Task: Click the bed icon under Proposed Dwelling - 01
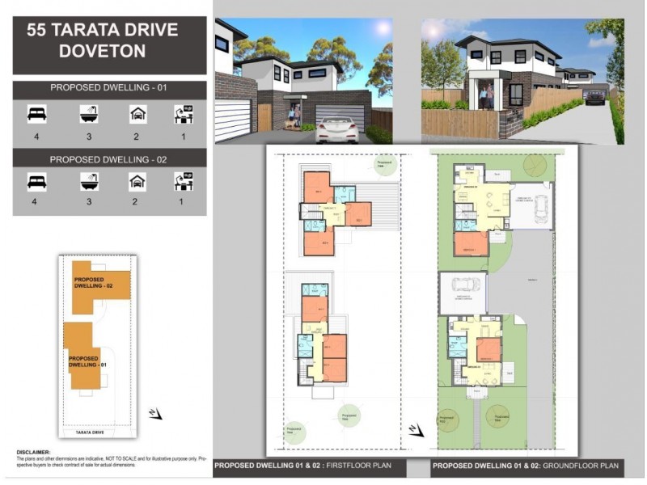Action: pyautogui.click(x=36, y=115)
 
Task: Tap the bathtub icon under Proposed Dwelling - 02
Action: pyautogui.click(x=90, y=182)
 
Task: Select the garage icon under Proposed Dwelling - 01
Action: pyautogui.click(x=137, y=115)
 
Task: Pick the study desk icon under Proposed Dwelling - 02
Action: pyautogui.click(x=184, y=182)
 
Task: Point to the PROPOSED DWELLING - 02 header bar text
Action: pyautogui.click(x=109, y=159)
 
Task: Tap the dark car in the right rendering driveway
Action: pyautogui.click(x=594, y=97)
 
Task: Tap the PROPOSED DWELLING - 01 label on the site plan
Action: pyautogui.click(x=83, y=361)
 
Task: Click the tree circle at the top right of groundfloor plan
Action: pyautogui.click(x=535, y=165)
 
